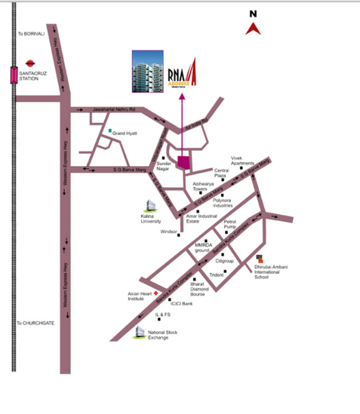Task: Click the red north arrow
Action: [x=254, y=29]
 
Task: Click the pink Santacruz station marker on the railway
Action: [x=14, y=75]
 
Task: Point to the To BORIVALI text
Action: [x=32, y=34]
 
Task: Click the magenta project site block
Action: [x=183, y=161]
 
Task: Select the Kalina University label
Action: [x=152, y=219]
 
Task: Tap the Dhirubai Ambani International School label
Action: [x=272, y=271]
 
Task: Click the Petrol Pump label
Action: [x=230, y=224]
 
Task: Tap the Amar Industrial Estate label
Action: [x=202, y=219]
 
